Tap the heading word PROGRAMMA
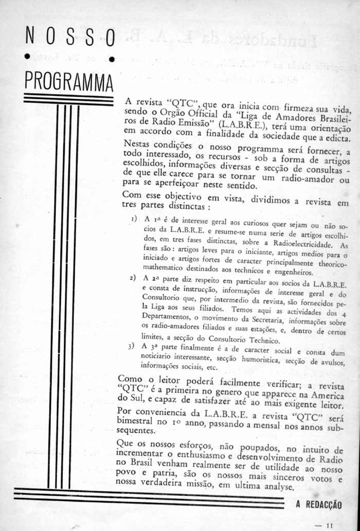click(x=69, y=81)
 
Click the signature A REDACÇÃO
click(x=319, y=505)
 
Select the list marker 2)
click(x=133, y=279)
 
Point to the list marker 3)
click(x=133, y=347)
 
